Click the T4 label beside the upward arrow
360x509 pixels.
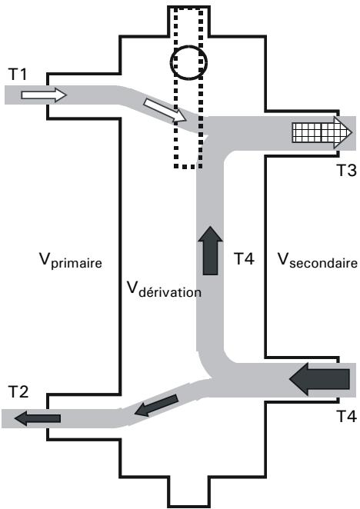pyautogui.click(x=245, y=258)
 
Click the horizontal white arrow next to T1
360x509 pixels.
pyautogui.click(x=44, y=95)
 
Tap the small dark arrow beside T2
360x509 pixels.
pyautogui.click(x=38, y=418)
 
